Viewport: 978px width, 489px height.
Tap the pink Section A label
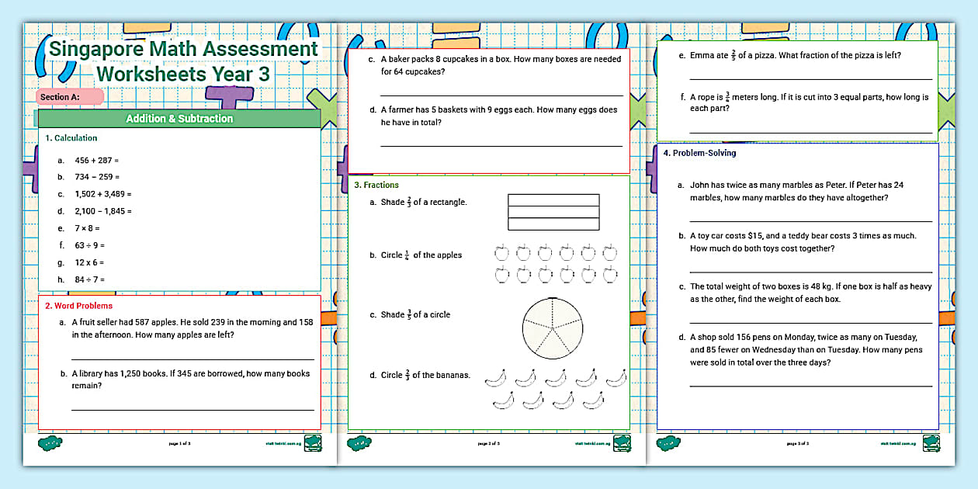pos(69,97)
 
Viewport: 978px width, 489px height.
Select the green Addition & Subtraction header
pos(179,119)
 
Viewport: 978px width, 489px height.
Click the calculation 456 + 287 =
pos(96,161)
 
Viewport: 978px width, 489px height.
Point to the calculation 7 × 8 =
pos(87,229)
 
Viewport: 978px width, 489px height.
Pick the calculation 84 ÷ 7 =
pos(89,279)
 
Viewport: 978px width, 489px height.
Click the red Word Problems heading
pos(78,306)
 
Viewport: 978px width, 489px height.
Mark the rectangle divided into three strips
pos(553,212)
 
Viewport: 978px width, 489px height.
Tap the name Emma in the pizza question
pos(701,55)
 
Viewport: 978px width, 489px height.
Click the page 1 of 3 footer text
pos(179,444)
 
